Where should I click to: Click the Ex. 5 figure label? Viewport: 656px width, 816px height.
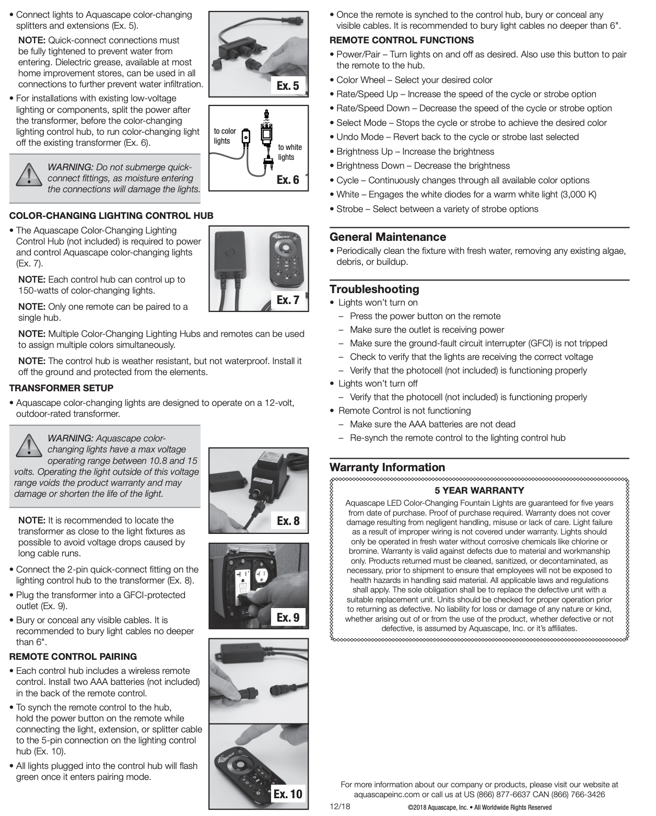pyautogui.click(x=288, y=86)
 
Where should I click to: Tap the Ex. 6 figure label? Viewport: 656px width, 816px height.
pyautogui.click(x=288, y=180)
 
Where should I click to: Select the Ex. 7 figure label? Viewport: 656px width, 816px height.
pyautogui.click(x=288, y=300)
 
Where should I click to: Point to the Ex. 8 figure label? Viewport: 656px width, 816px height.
pyautogui.click(x=288, y=520)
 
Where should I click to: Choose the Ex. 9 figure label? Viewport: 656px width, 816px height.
pyautogui.click(x=288, y=617)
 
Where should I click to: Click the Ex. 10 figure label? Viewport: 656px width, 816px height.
pyautogui.click(x=288, y=794)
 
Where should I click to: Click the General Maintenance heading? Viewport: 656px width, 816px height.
pyautogui.click(x=388, y=237)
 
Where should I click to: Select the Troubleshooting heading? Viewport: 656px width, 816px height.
pyautogui.click(x=374, y=289)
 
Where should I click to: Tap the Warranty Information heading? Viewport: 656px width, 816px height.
pyautogui.click(x=387, y=467)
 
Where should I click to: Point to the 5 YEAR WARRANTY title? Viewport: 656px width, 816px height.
pyautogui.click(x=479, y=491)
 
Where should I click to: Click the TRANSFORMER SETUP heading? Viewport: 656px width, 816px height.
pyautogui.click(x=62, y=388)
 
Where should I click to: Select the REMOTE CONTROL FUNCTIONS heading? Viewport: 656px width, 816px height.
pyautogui.click(x=402, y=40)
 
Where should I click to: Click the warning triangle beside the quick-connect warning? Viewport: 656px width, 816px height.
pyautogui.click(x=28, y=174)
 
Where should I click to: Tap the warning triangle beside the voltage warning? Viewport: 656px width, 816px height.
pyautogui.click(x=28, y=446)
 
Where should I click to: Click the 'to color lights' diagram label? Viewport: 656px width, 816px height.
pyautogui.click(x=225, y=136)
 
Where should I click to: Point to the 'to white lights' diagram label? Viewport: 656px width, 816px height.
pyautogui.click(x=289, y=152)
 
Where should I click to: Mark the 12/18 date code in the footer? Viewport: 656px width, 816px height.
pyautogui.click(x=340, y=806)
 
